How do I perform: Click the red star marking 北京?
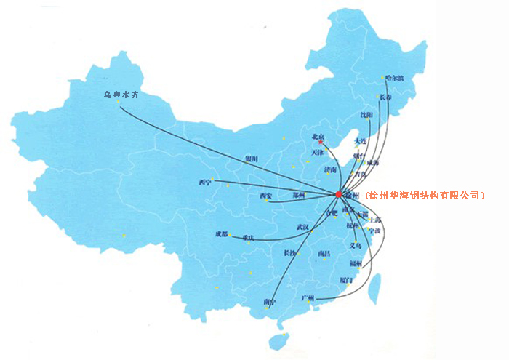321,142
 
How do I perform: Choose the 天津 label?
317,153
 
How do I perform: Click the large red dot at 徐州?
338,194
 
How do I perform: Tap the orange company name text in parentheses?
425,195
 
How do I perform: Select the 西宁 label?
205,183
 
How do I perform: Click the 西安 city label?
265,196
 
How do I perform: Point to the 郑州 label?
299,195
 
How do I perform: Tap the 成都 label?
221,234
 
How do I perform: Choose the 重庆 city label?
249,238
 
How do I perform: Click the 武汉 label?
302,228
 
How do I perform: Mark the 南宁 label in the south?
270,301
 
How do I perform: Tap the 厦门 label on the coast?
345,279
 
